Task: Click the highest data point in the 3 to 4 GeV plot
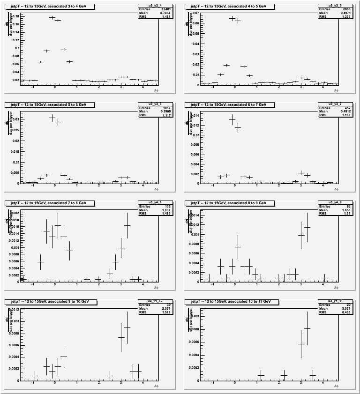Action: point(52,17)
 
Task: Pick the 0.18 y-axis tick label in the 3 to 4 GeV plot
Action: point(15,16)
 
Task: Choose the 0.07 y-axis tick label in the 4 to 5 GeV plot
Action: point(195,13)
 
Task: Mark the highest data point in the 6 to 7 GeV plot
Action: point(232,119)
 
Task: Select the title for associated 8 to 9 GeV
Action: point(226,203)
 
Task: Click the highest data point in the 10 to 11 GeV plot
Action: point(307,328)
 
